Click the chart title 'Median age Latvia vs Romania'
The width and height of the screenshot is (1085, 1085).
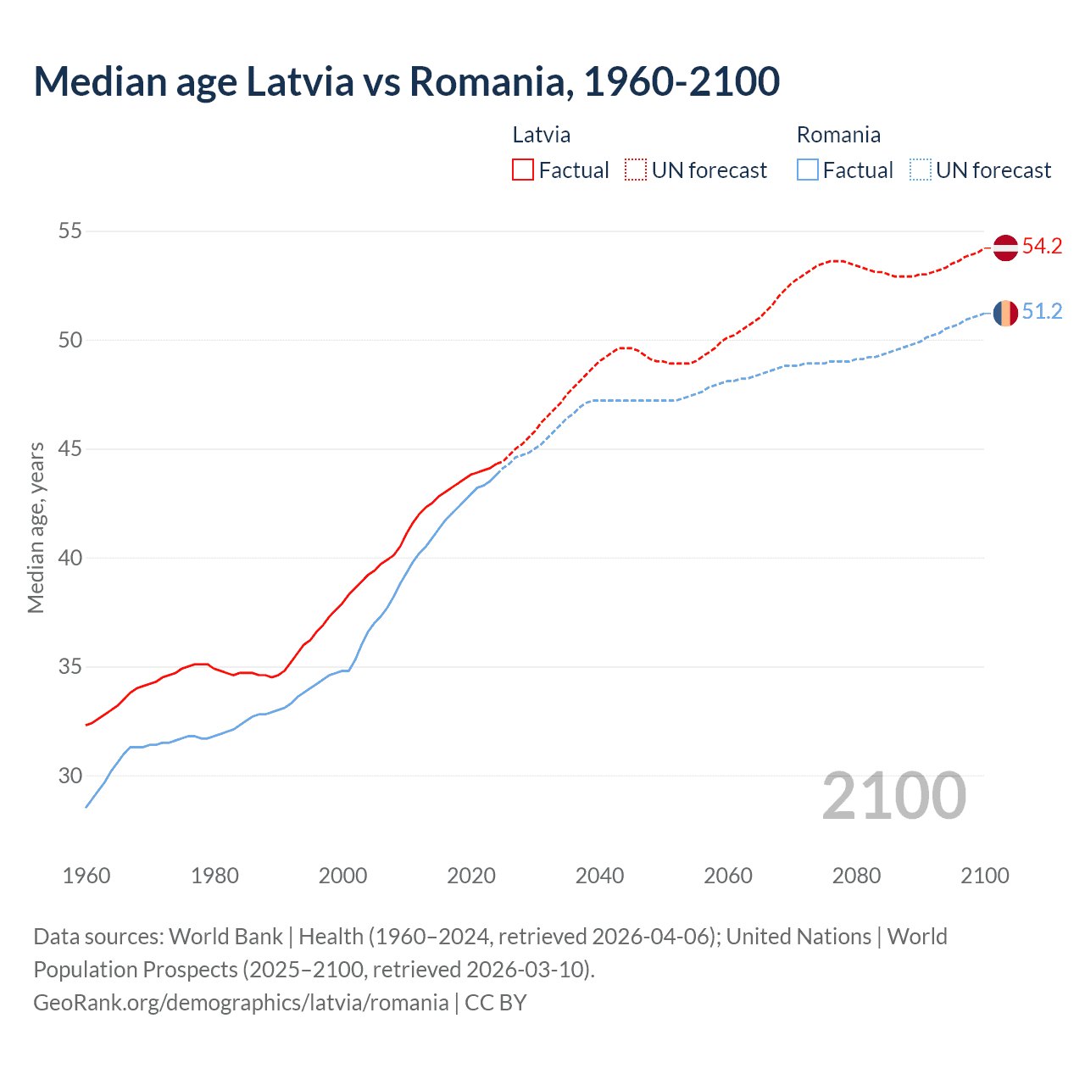(x=406, y=81)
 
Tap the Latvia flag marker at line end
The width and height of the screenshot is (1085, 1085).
(x=1004, y=248)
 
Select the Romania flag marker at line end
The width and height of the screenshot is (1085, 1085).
(x=1004, y=313)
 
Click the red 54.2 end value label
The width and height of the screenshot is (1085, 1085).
(x=1042, y=247)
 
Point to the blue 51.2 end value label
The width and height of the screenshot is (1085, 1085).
(x=1042, y=312)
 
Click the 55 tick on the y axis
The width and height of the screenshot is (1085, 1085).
(x=70, y=231)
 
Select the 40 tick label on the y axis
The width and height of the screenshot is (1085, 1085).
(x=70, y=558)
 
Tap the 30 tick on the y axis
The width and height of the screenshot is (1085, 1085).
(x=70, y=776)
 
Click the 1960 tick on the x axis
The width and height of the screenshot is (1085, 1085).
(x=86, y=876)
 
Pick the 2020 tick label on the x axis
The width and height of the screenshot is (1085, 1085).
(x=471, y=876)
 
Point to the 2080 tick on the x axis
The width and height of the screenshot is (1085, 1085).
(x=856, y=876)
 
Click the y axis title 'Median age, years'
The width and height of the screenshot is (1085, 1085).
(x=36, y=527)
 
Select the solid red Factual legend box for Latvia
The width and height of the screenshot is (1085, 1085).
(x=523, y=170)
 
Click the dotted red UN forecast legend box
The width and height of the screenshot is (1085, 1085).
(x=636, y=170)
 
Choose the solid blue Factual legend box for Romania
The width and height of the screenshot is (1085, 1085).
(x=808, y=170)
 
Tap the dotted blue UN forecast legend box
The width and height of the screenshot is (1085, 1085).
(x=920, y=170)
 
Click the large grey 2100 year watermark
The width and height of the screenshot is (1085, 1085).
(x=893, y=796)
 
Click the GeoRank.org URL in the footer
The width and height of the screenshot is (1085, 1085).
(x=241, y=1003)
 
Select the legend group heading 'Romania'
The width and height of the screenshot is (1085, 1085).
(x=838, y=135)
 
